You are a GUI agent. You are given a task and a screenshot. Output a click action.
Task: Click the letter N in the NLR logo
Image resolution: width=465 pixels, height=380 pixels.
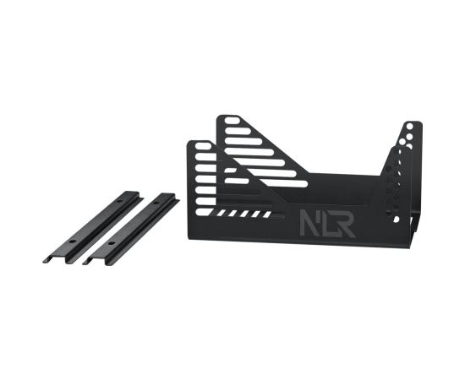coord(309,223)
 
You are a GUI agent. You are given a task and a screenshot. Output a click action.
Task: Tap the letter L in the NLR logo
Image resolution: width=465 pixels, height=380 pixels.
coord(327,223)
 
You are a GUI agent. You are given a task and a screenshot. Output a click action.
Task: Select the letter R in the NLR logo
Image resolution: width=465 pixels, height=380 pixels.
coord(346,223)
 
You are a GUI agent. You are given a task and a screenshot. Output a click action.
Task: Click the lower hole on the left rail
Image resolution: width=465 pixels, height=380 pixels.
coord(72,242)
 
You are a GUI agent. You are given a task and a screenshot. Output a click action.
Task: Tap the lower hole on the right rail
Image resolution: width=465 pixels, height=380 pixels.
coord(110,243)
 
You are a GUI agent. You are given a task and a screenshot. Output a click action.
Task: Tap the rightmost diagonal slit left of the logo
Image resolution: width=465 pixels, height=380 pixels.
coord(267,214)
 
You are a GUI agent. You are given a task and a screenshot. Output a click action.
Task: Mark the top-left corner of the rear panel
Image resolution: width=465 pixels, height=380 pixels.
coord(220,118)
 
